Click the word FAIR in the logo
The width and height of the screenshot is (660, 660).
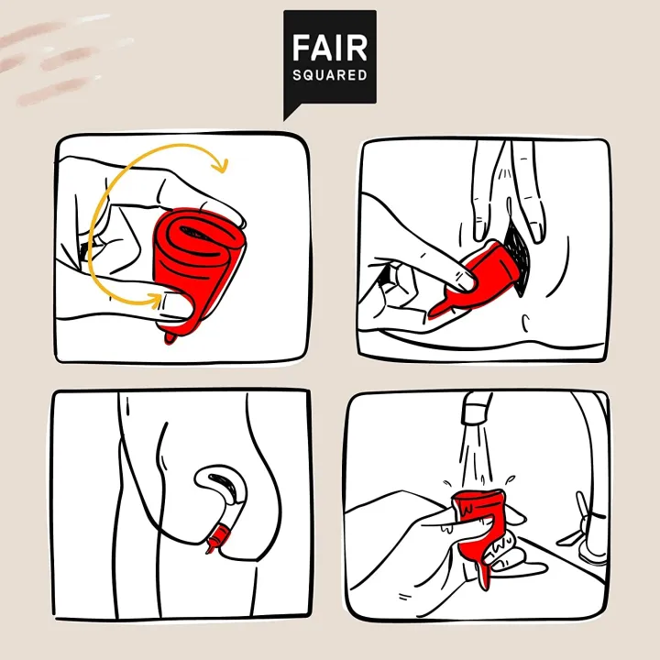click(329, 47)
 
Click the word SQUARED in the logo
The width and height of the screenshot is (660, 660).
click(329, 74)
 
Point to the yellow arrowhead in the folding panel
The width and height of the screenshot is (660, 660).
click(219, 165)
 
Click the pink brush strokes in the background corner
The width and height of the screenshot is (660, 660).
click(55, 60)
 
